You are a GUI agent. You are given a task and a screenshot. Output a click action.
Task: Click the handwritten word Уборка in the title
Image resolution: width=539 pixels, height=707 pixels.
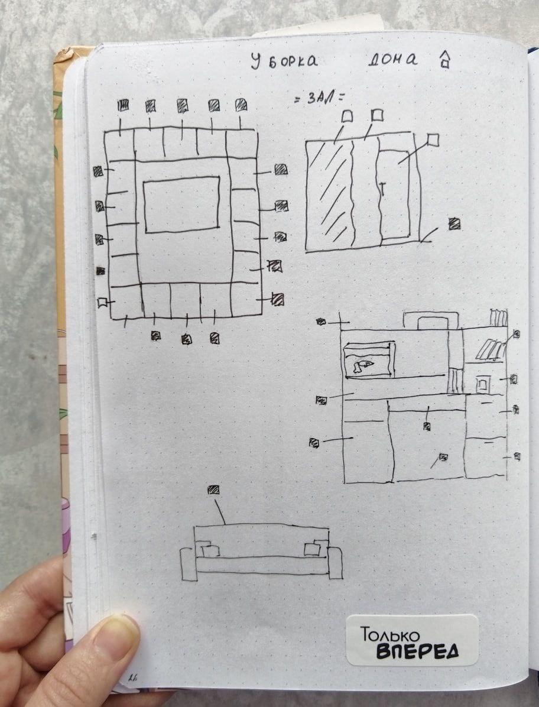[x=284, y=60]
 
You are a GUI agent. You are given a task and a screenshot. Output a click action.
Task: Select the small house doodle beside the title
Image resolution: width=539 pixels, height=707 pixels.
[x=445, y=59]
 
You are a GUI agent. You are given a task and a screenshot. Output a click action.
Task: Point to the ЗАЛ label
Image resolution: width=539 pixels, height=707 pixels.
[x=319, y=98]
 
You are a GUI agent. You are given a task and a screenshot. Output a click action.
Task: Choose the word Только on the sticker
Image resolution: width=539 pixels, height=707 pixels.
[x=390, y=634]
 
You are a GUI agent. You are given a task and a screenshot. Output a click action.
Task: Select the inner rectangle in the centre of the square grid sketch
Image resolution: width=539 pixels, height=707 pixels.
[x=181, y=205]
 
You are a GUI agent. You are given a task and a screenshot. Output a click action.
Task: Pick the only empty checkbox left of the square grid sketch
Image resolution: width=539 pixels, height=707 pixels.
[x=102, y=302]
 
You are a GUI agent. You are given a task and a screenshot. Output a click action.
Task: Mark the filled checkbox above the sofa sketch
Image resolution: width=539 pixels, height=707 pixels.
[x=213, y=489]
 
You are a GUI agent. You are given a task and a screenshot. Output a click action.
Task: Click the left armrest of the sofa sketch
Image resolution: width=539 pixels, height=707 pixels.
[x=189, y=563]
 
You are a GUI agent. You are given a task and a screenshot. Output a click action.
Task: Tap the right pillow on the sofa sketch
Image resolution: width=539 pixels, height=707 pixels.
[x=312, y=549]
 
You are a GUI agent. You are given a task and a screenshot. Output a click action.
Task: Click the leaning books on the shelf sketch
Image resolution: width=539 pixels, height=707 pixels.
[x=488, y=349]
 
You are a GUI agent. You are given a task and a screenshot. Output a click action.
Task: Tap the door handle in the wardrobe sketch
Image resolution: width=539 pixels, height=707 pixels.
[x=382, y=189]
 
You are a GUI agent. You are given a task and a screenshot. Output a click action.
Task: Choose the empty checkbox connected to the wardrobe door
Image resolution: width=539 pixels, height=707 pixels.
[x=433, y=140]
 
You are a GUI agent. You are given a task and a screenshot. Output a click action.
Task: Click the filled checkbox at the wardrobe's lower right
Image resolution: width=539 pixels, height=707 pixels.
[x=454, y=223]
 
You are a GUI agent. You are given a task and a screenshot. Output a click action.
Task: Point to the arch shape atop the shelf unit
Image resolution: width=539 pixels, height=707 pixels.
[x=431, y=319]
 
